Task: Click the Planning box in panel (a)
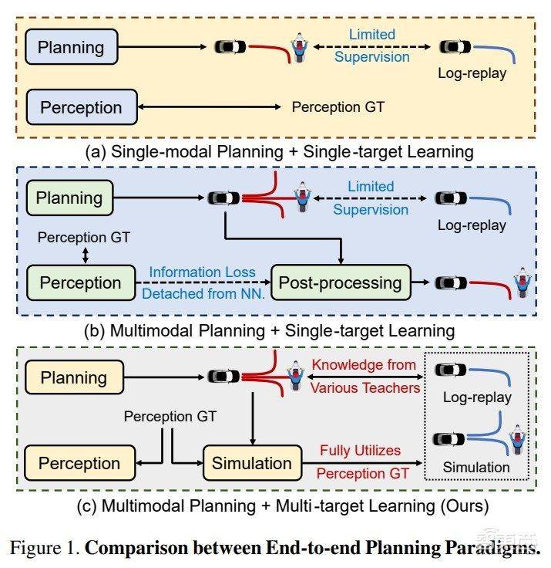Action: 71,47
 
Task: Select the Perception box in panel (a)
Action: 81,107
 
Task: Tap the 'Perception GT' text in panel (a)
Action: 338,107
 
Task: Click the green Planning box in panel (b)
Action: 70,198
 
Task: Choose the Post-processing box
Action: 340,282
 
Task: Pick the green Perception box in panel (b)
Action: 81,282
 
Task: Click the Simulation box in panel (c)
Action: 252,463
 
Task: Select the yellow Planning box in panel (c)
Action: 73,377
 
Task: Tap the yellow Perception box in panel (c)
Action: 79,463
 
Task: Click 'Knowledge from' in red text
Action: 364,365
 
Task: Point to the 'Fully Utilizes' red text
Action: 361,449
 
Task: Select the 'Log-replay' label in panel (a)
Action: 472,74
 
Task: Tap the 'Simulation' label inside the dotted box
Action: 475,468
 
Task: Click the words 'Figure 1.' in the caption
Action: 43,549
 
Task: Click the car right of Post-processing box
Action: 447,282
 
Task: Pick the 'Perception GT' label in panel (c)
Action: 170,417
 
